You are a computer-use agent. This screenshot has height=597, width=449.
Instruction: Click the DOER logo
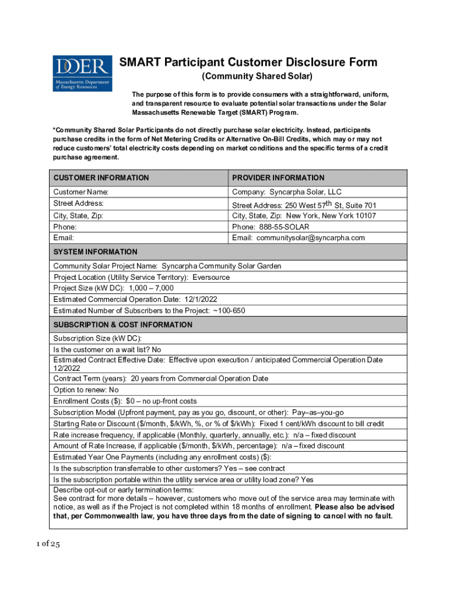click(x=82, y=73)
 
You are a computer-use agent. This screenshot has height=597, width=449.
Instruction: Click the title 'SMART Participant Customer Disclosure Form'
click(x=248, y=62)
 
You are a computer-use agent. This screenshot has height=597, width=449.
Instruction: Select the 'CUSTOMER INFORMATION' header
click(x=101, y=178)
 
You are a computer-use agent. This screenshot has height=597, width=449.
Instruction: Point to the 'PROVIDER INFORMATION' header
click(x=278, y=178)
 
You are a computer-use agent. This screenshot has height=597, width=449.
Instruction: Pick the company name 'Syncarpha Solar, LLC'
click(x=302, y=192)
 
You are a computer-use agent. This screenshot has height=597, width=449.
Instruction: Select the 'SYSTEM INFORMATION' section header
click(x=95, y=252)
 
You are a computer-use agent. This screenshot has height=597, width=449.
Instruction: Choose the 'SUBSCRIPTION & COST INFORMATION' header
click(x=122, y=325)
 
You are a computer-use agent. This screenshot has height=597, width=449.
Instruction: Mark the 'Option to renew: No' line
click(x=86, y=390)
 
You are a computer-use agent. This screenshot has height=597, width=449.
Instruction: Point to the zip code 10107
click(x=363, y=216)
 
